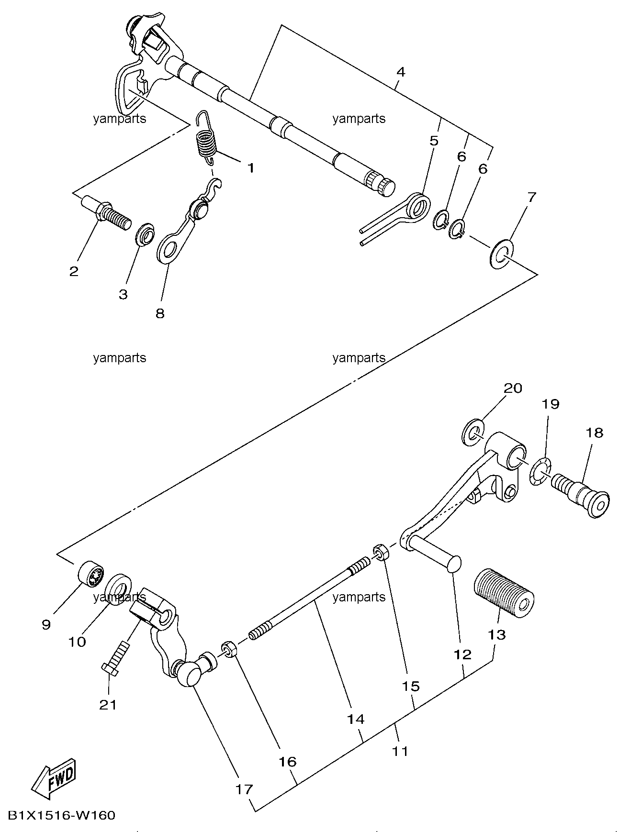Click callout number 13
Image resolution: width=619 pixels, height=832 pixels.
(x=497, y=635)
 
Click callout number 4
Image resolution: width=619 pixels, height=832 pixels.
(x=401, y=72)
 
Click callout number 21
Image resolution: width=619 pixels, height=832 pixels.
(x=108, y=705)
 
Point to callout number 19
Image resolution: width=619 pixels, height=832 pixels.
(x=551, y=404)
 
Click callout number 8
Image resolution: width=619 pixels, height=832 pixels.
(x=160, y=313)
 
